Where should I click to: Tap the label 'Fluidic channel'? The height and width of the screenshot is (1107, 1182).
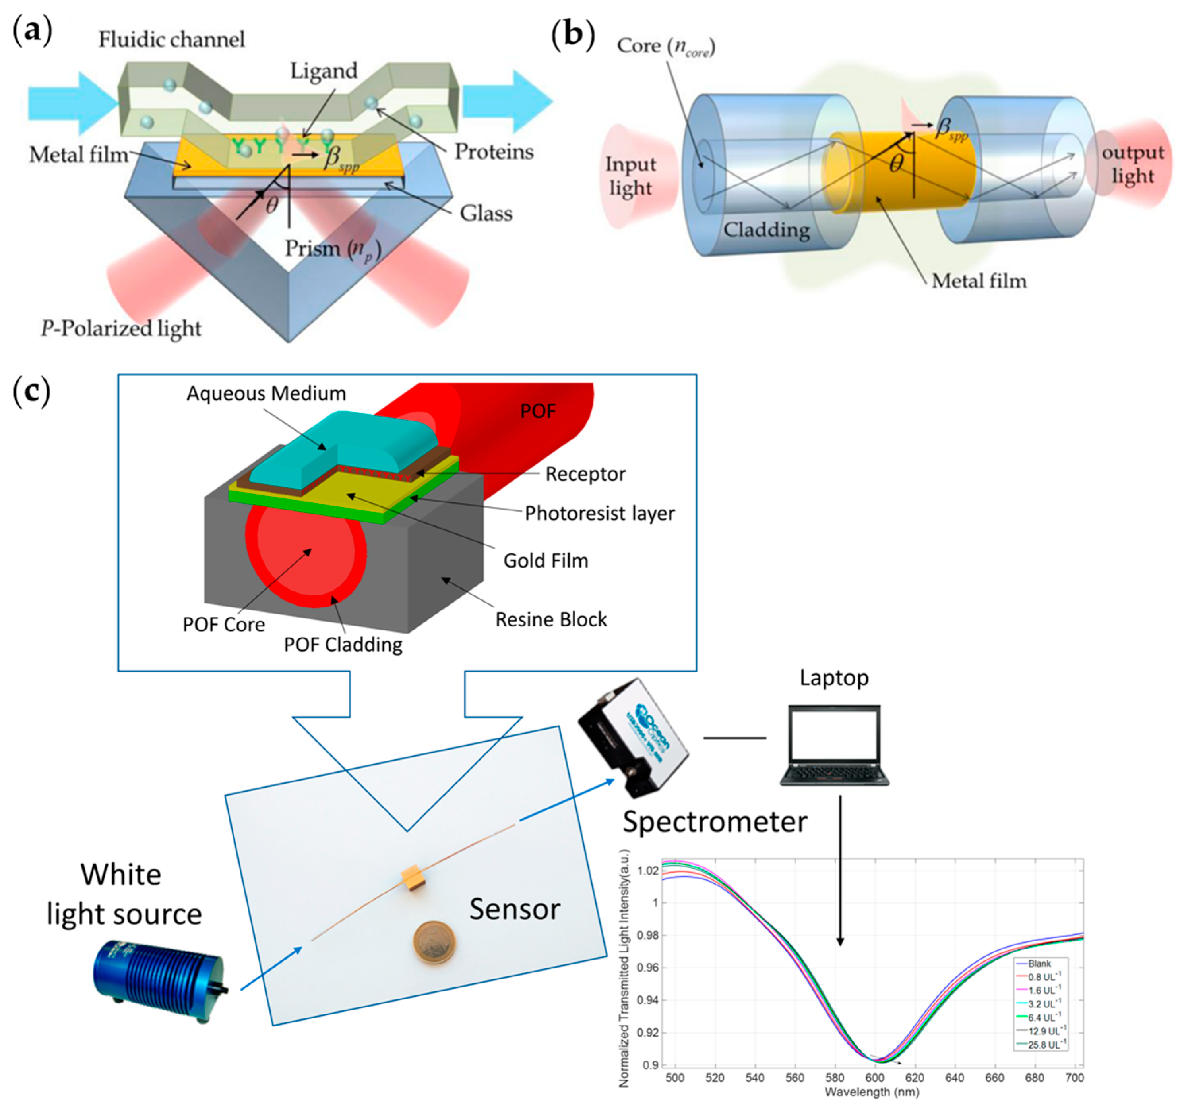(171, 40)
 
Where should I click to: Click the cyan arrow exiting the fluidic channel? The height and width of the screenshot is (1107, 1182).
(507, 101)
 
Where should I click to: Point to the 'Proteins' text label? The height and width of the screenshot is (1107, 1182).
(494, 152)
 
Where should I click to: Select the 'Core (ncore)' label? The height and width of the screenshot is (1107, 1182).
(665, 46)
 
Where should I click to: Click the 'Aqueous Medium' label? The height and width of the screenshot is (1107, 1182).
(266, 393)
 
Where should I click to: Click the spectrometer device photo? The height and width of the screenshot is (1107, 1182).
(633, 737)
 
